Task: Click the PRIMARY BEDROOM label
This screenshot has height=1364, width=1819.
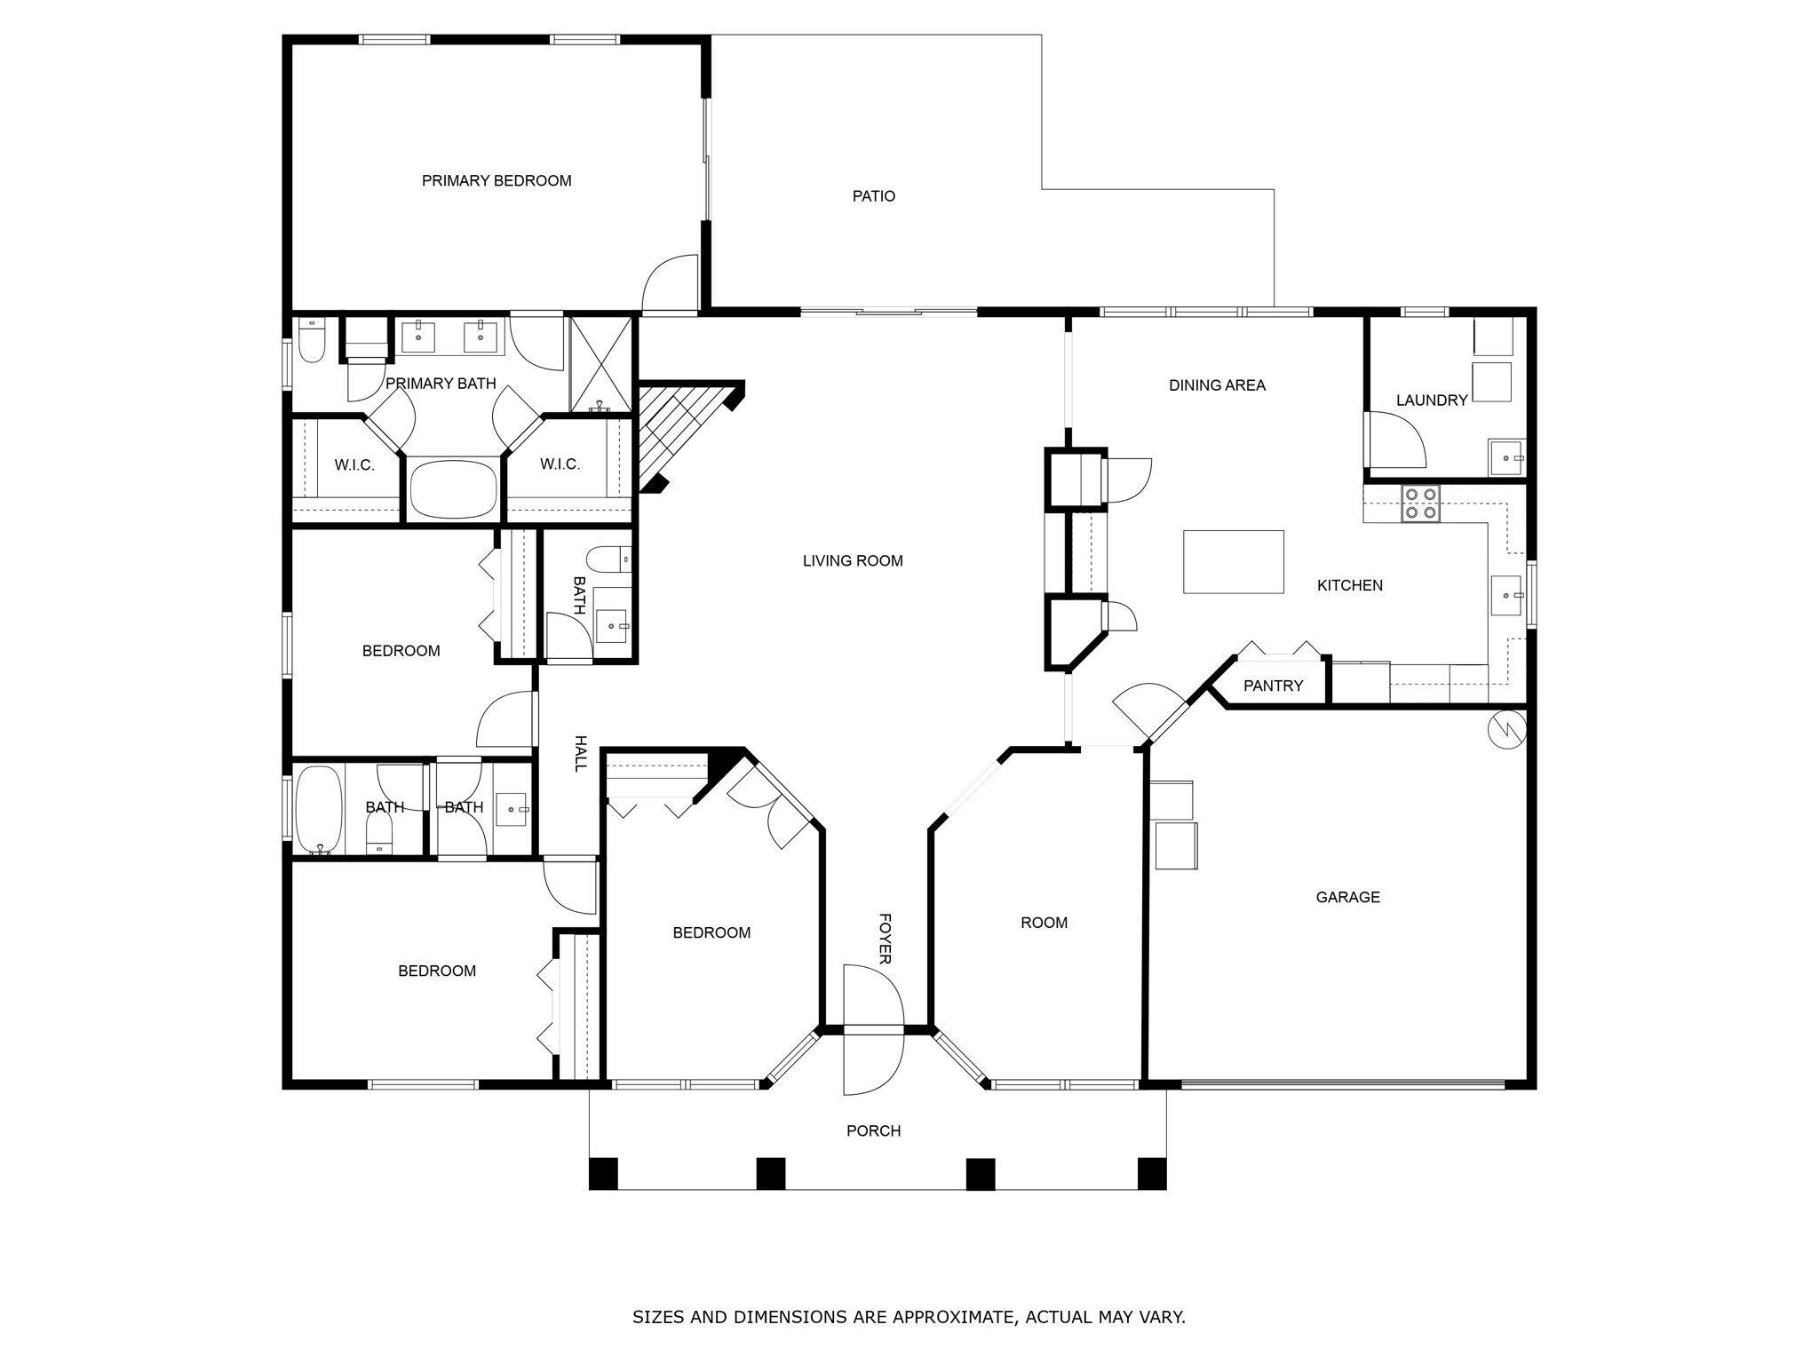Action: [x=496, y=180]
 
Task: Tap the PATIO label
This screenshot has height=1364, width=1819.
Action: [x=873, y=196]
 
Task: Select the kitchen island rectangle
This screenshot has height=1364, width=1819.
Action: [x=1233, y=561]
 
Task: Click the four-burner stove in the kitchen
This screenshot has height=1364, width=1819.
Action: [x=1420, y=503]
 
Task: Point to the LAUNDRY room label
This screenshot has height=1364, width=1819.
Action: [x=1431, y=400]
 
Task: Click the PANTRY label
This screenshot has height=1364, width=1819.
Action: [x=1273, y=686]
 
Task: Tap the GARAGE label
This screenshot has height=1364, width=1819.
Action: [x=1347, y=897]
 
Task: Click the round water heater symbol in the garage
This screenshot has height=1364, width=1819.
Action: [x=1506, y=728]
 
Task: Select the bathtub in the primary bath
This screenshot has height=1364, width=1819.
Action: [x=455, y=488]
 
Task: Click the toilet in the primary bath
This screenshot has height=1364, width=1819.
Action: [x=311, y=341]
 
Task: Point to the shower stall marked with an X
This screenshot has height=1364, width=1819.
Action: [x=601, y=364]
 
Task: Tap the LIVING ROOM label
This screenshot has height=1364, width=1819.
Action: [x=853, y=560]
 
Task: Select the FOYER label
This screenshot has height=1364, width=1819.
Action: [x=885, y=939]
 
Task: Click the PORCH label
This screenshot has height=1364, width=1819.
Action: [x=873, y=1130]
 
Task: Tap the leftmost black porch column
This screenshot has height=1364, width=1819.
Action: [x=603, y=1173]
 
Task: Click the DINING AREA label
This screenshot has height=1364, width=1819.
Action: [x=1217, y=385]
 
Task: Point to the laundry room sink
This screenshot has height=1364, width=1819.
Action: [x=1506, y=457]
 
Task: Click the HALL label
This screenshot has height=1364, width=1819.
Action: [x=581, y=753]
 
